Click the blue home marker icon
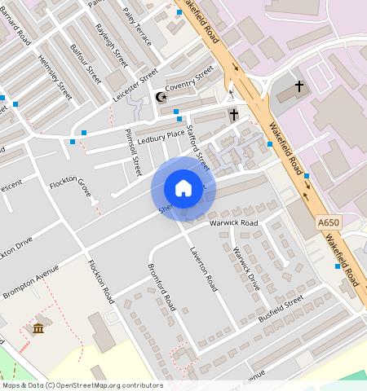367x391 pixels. (183, 188)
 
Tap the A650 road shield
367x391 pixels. (327, 222)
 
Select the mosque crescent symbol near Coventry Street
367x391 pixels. (161, 97)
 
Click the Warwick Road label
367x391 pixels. (233, 222)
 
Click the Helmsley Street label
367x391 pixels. (55, 77)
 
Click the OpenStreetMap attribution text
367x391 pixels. (82, 385)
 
